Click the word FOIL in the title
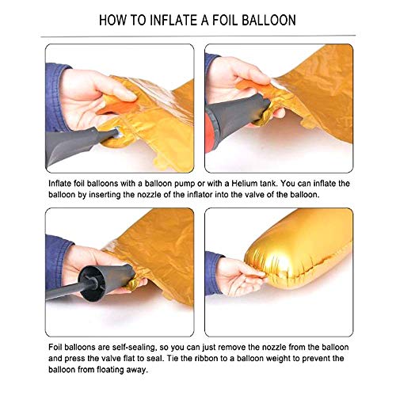[x=225, y=21]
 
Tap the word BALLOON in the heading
[x=268, y=21]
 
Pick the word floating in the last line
[x=110, y=370]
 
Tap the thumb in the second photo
[x=256, y=79]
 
